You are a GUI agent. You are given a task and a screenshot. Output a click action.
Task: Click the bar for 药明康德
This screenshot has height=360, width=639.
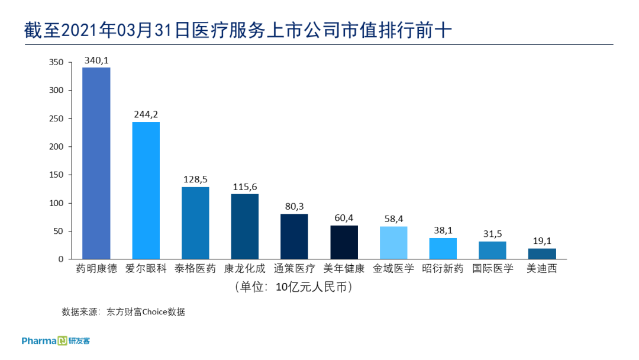(96, 163)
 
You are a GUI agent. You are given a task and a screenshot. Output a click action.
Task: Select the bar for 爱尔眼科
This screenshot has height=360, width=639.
(146, 190)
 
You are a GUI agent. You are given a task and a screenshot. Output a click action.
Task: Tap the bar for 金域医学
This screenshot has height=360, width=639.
(393, 243)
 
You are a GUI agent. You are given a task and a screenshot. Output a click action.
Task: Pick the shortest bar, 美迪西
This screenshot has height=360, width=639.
(542, 253)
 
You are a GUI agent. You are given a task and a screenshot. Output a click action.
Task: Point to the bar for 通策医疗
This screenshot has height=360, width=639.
(294, 236)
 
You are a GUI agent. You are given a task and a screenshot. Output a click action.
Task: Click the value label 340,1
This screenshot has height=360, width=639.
(96, 60)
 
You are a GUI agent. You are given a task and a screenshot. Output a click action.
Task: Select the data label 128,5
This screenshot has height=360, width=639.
(195, 179)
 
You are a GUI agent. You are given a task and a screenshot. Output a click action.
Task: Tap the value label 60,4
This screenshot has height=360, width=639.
(344, 218)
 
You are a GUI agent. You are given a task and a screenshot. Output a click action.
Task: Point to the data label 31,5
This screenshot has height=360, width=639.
(492, 234)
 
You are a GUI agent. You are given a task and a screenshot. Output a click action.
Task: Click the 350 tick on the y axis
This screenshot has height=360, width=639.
(56, 62)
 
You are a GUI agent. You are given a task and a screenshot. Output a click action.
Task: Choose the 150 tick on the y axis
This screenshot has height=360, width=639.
(56, 175)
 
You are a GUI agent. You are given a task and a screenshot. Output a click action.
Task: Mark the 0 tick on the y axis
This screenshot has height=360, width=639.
(60, 259)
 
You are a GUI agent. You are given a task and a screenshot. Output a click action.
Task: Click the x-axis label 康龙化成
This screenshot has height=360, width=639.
(244, 269)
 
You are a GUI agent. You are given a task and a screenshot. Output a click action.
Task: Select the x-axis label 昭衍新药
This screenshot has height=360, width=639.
(443, 269)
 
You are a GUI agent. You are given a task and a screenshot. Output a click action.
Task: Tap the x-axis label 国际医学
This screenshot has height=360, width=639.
(492, 269)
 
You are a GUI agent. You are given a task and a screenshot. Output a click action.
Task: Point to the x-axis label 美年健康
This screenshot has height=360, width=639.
(344, 269)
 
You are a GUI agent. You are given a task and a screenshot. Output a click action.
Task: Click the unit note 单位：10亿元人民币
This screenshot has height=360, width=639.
(293, 288)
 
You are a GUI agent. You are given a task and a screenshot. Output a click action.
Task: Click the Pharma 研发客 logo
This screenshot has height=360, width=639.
(56, 341)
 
